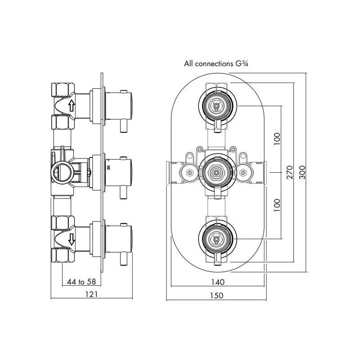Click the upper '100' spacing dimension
pyautogui.click(x=277, y=139)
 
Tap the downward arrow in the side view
pyautogui.click(x=71, y=240)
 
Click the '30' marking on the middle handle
pyautogui.click(x=108, y=167)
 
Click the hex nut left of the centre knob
pyautogui.click(x=187, y=171)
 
